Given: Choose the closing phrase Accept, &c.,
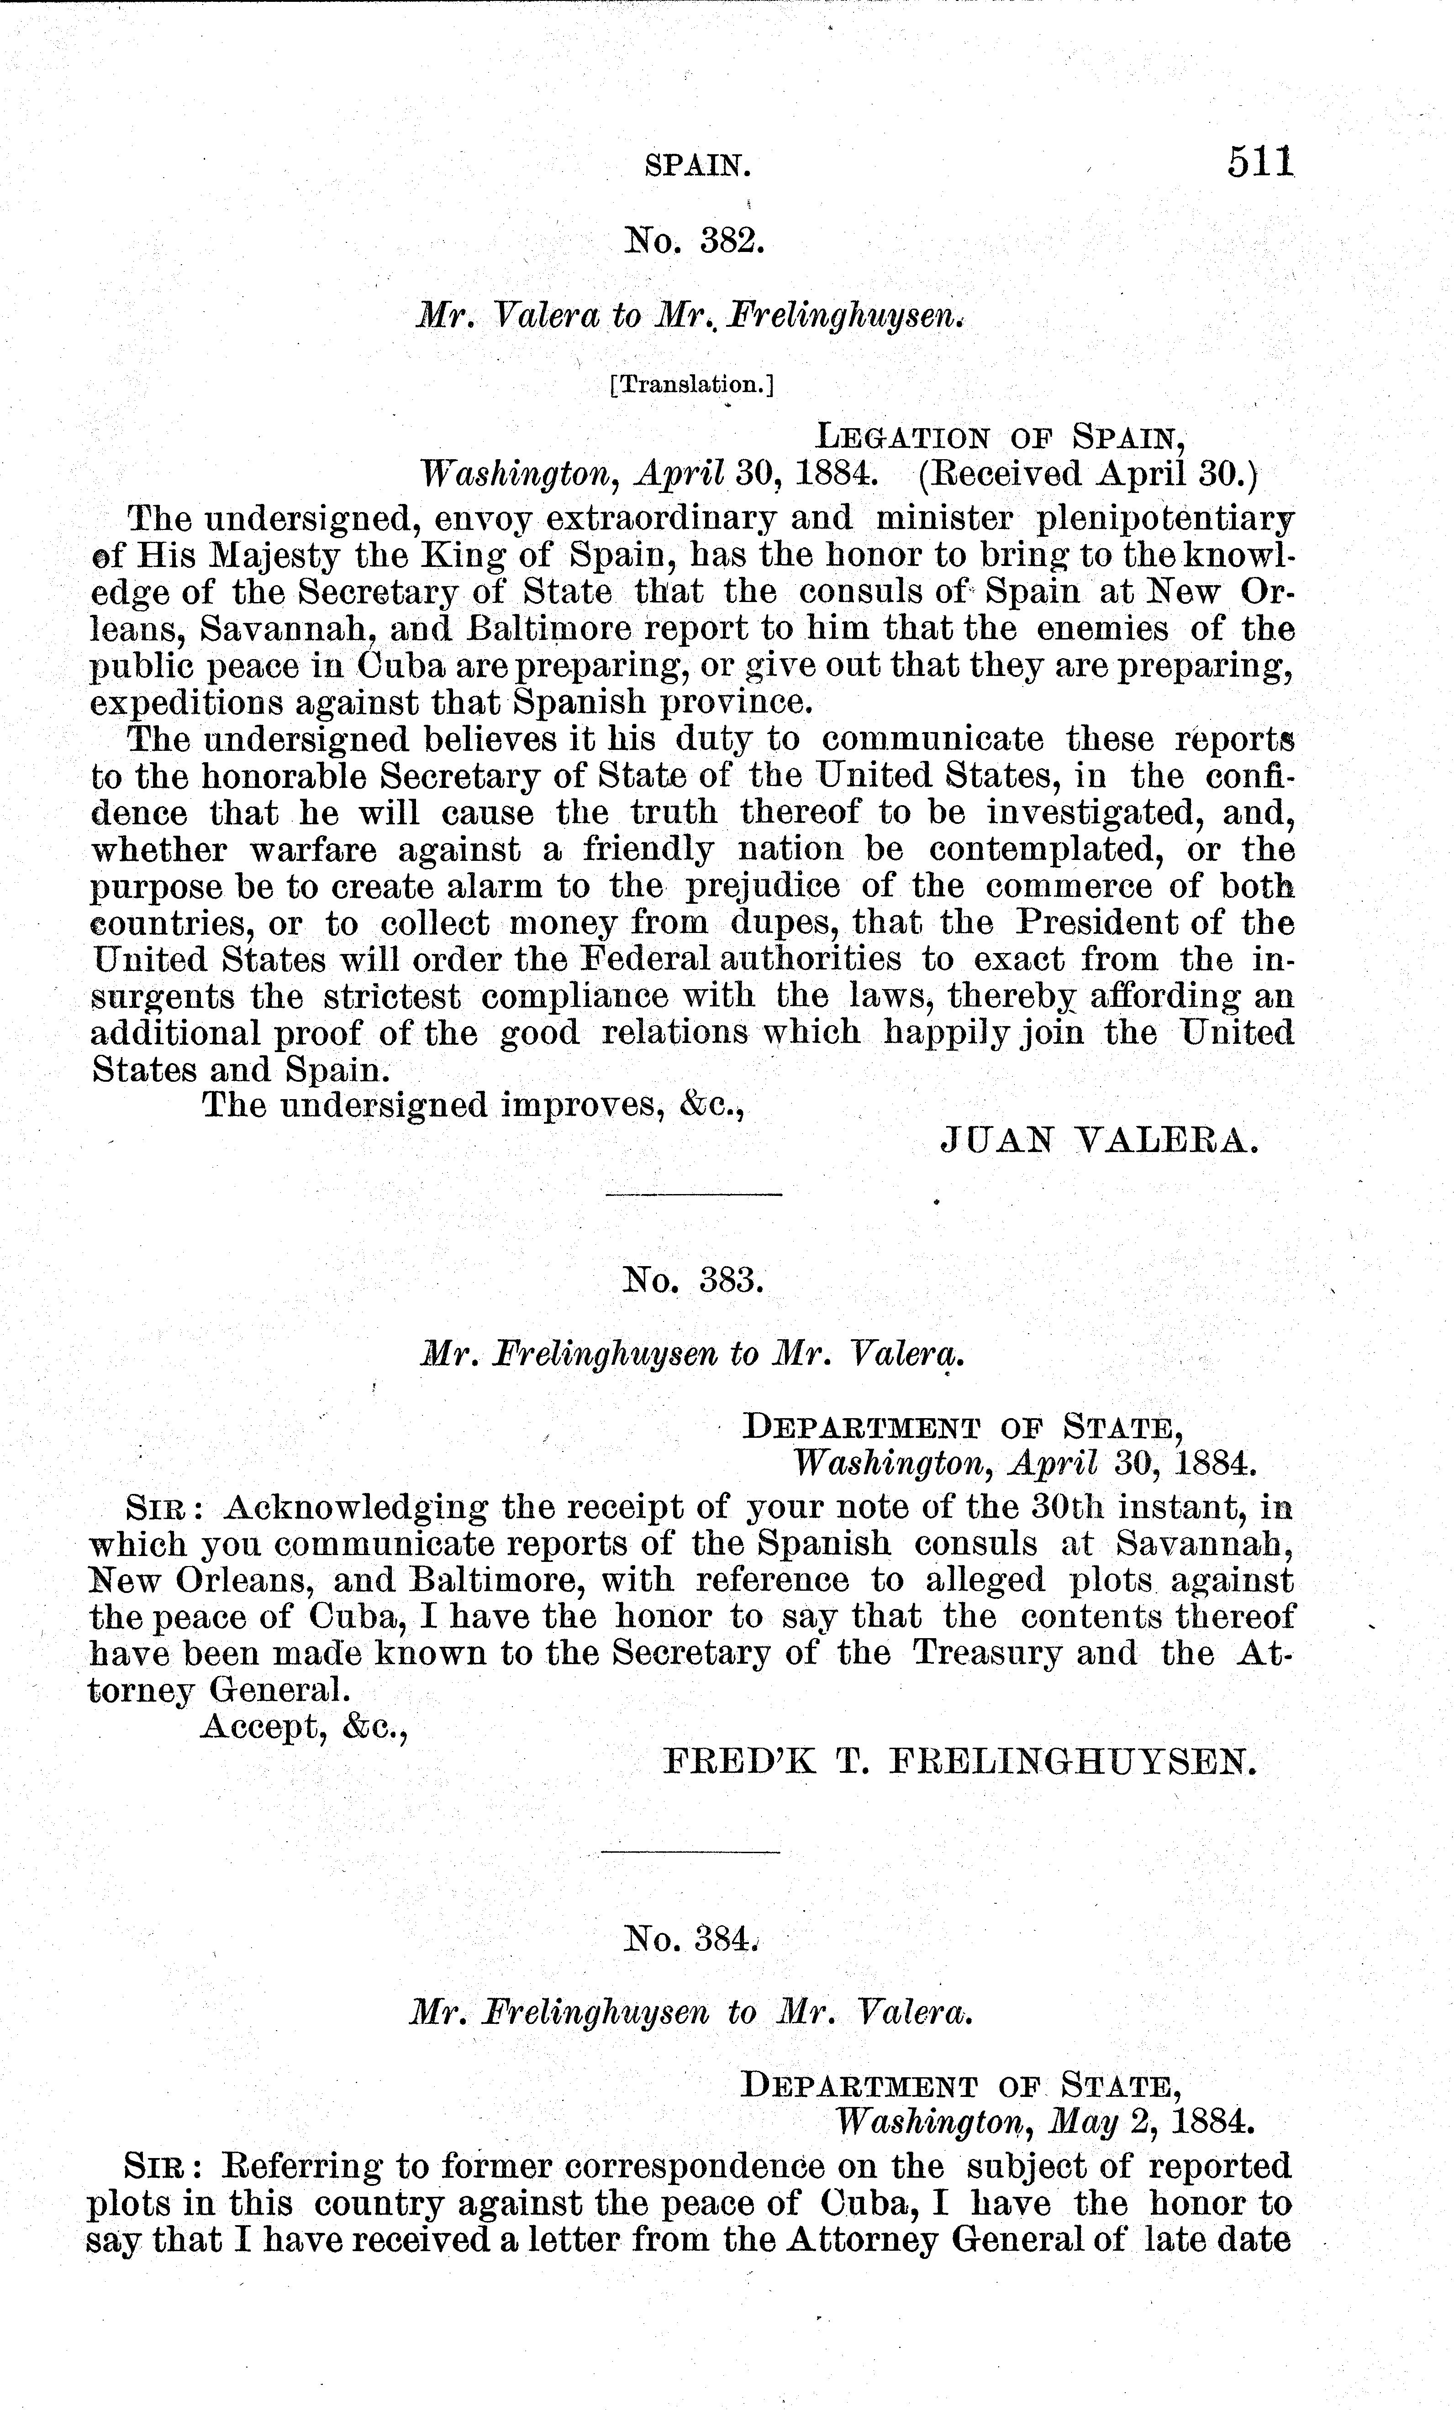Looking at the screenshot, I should [303, 1727].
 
